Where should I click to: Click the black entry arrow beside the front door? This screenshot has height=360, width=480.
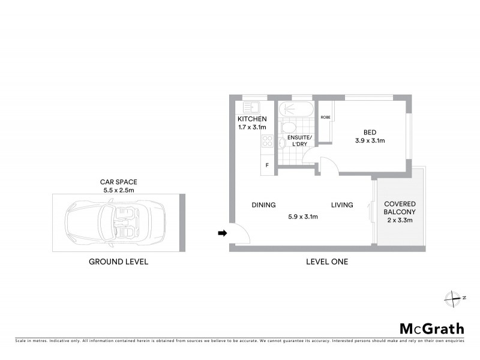pyautogui.click(x=221, y=233)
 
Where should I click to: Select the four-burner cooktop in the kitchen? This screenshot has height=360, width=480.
pyautogui.click(x=267, y=142)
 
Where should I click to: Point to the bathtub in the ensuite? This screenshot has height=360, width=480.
pyautogui.click(x=294, y=109)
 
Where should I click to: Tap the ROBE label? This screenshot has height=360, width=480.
pyautogui.click(x=326, y=117)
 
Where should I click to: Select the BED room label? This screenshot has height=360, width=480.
pyautogui.click(x=368, y=133)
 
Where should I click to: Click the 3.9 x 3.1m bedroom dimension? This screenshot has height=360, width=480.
pyautogui.click(x=368, y=142)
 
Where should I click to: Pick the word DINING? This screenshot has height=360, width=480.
pyautogui.click(x=263, y=205)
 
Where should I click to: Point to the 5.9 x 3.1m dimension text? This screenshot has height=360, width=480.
pyautogui.click(x=302, y=217)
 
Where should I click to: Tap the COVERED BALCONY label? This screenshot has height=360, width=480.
pyautogui.click(x=400, y=208)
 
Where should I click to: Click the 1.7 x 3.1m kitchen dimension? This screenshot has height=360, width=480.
pyautogui.click(x=252, y=127)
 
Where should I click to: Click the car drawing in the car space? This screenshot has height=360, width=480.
pyautogui.click(x=112, y=221)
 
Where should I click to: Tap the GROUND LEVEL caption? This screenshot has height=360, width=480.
pyautogui.click(x=118, y=262)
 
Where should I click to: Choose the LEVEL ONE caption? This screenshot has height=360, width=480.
pyautogui.click(x=326, y=262)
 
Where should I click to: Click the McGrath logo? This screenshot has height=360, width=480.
pyautogui.click(x=431, y=328)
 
